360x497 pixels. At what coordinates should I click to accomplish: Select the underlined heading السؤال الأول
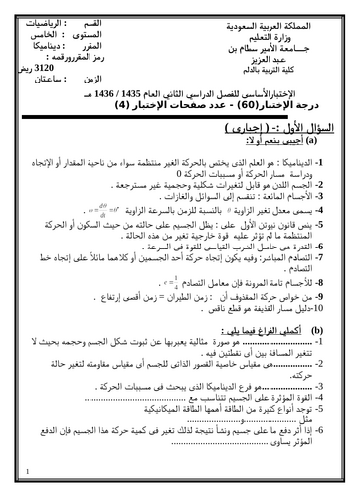[x=304, y=130]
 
